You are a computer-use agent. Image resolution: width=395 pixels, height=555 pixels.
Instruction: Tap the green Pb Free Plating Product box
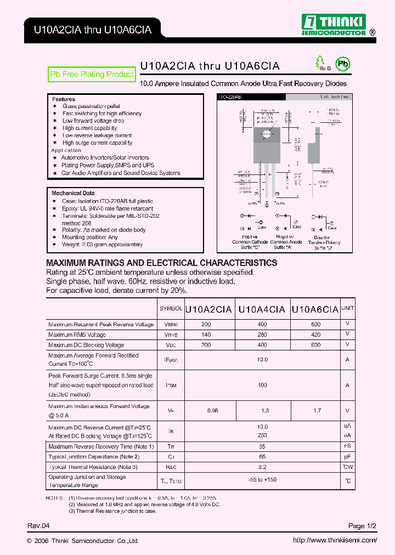92,75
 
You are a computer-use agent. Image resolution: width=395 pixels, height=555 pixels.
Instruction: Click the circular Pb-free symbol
343,64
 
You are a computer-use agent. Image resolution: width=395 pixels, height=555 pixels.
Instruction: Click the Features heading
64,99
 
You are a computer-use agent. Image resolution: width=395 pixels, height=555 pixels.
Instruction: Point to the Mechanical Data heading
73,194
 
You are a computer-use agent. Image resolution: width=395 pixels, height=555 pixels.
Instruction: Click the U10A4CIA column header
262,309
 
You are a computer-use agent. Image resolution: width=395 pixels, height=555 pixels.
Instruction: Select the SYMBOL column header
171,309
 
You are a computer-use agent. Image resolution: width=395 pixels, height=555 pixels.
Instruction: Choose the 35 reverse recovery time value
262,446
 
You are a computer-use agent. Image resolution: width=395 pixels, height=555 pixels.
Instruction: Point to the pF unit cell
347,456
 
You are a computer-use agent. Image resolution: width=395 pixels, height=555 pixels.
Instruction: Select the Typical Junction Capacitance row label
94,456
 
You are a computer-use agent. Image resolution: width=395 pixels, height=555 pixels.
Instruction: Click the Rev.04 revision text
35,526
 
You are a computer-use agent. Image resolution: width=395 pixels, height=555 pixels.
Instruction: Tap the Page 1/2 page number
363,526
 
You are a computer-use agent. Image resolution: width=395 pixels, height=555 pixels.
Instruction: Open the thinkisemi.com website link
335,540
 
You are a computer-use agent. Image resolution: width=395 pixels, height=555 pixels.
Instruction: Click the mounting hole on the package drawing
267,134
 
